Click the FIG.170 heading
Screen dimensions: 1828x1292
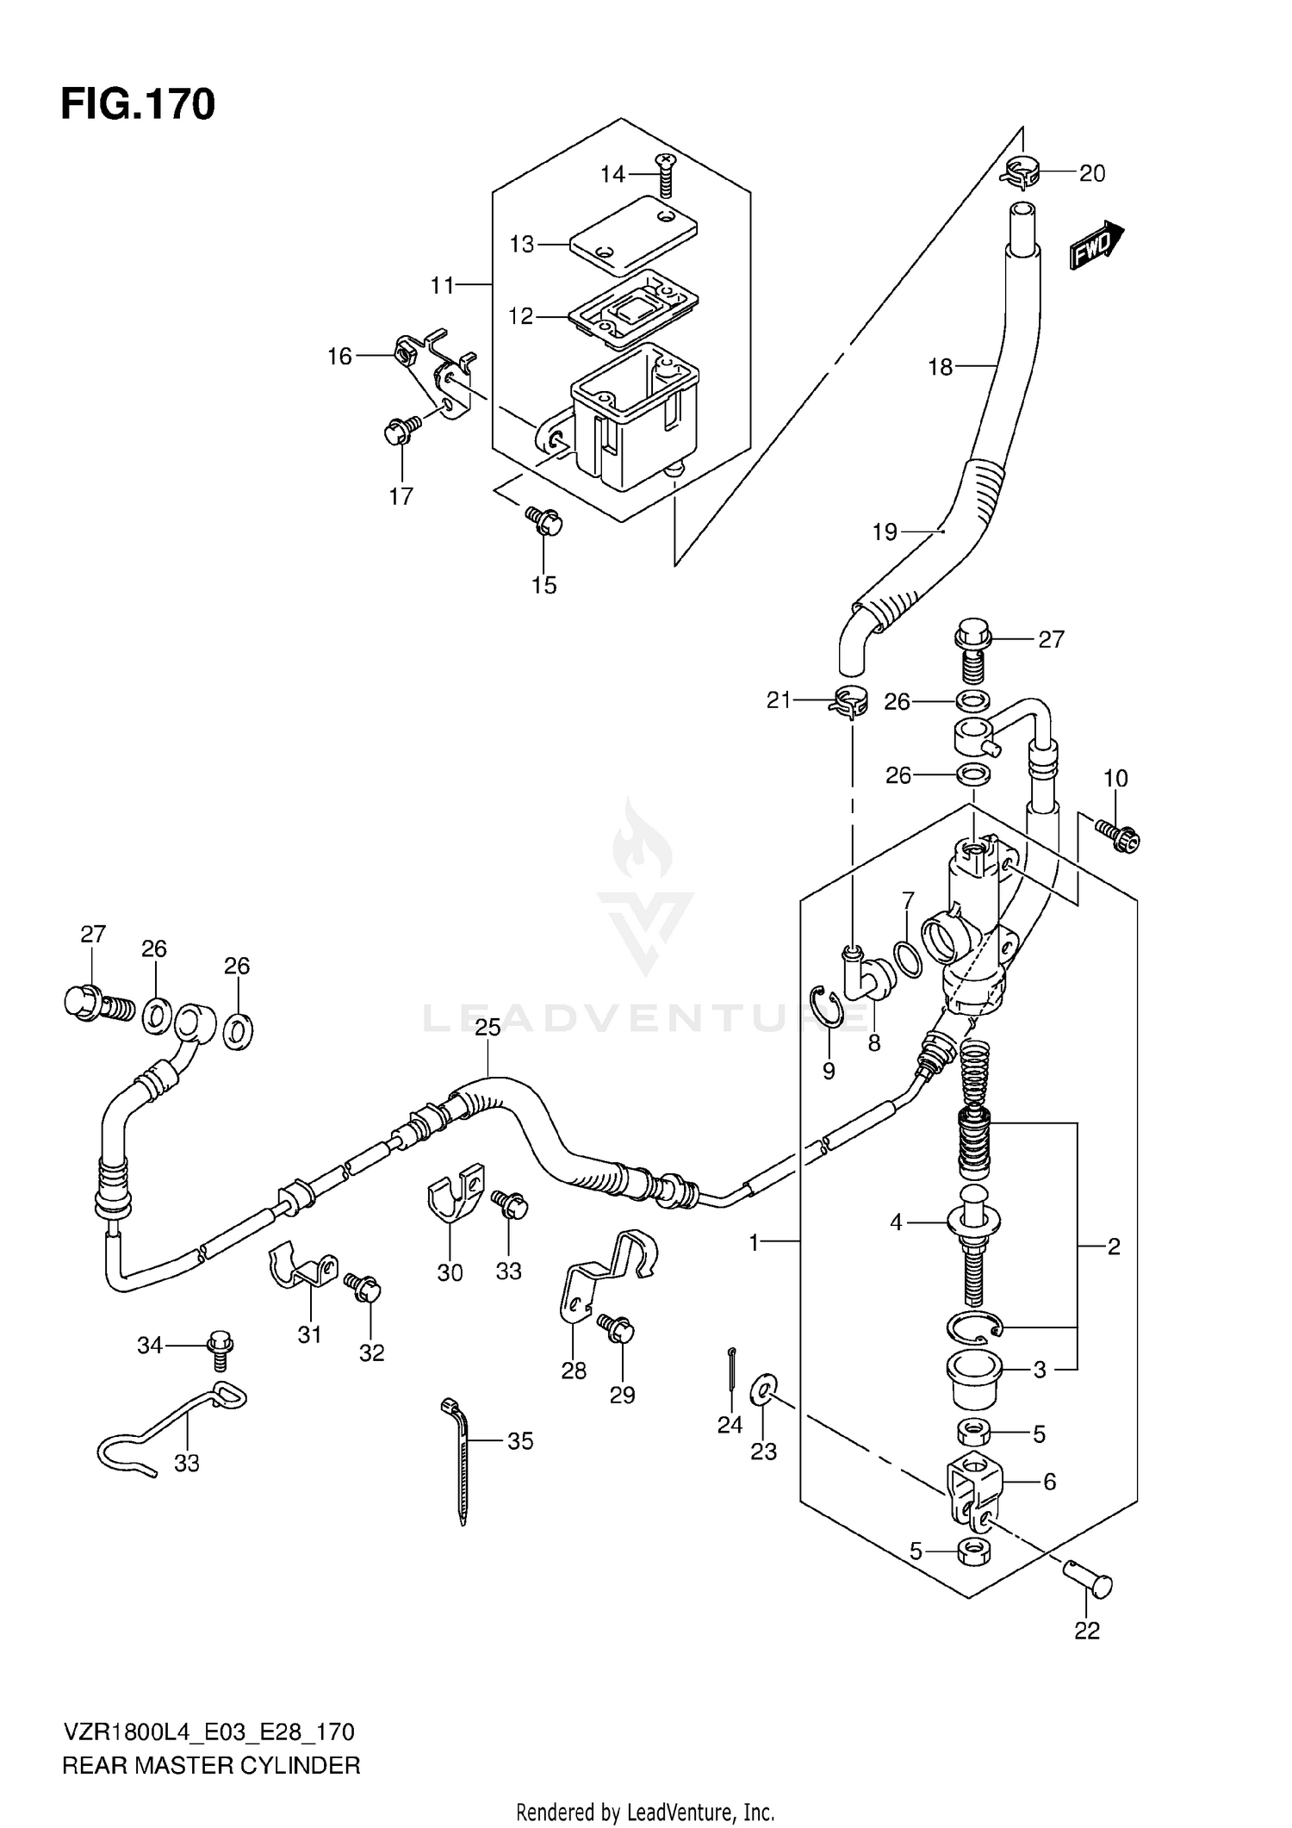coord(138,104)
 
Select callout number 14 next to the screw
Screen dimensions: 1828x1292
coord(612,175)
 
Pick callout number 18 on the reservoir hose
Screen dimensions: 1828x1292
coord(940,367)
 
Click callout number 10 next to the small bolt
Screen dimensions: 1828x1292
coord(1115,778)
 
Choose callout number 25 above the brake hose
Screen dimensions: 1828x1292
coord(488,1028)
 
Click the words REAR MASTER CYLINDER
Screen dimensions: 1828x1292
coord(211,1765)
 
